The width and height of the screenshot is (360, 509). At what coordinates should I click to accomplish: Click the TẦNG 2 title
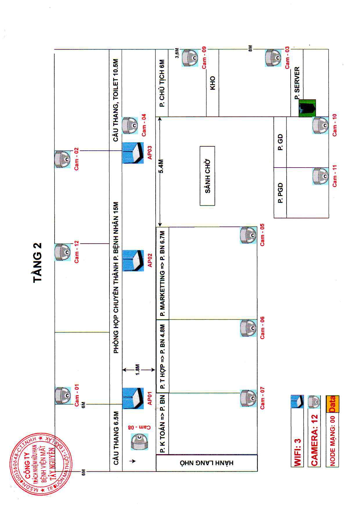coord(38,262)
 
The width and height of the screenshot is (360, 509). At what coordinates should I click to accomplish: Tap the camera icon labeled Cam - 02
coord(62,159)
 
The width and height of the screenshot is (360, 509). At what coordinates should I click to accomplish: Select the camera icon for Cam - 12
coord(62,252)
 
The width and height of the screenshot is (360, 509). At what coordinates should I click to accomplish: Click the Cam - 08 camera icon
coord(139,442)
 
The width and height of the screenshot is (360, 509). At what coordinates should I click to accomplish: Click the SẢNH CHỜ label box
coord(207,176)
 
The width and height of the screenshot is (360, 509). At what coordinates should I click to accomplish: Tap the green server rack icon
coord(307,108)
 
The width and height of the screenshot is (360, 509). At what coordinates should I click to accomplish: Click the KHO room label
coord(213,83)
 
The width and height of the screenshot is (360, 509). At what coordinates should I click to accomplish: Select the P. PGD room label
coord(280,193)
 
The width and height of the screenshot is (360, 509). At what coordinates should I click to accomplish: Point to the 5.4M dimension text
coord(161,166)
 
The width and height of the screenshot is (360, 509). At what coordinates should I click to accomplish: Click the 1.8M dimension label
coord(138,370)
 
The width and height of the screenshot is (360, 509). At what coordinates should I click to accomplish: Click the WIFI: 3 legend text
coord(298,449)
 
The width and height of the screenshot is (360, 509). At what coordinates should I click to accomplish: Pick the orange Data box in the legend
coord(332,404)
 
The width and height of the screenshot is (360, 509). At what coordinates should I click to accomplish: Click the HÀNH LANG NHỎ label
coord(207,463)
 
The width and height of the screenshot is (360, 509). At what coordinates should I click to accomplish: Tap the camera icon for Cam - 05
coord(248,235)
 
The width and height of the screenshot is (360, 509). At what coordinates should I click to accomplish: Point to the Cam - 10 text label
coord(334,125)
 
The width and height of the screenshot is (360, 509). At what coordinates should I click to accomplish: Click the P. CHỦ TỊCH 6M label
coord(162,83)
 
